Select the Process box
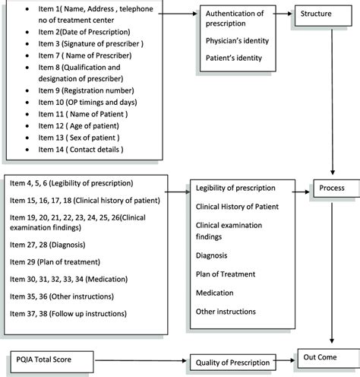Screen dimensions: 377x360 point(332,187)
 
